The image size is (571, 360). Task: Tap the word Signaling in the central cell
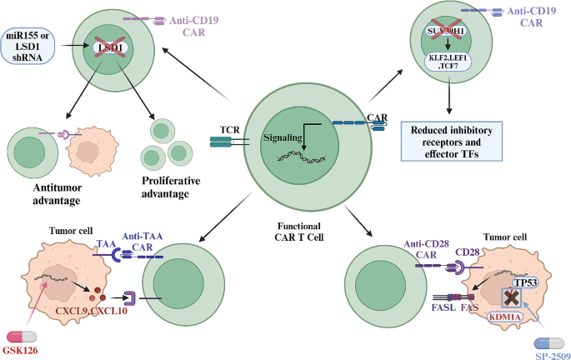pyautogui.click(x=285, y=136)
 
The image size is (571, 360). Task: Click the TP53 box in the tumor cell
pyautogui.click(x=526, y=283)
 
